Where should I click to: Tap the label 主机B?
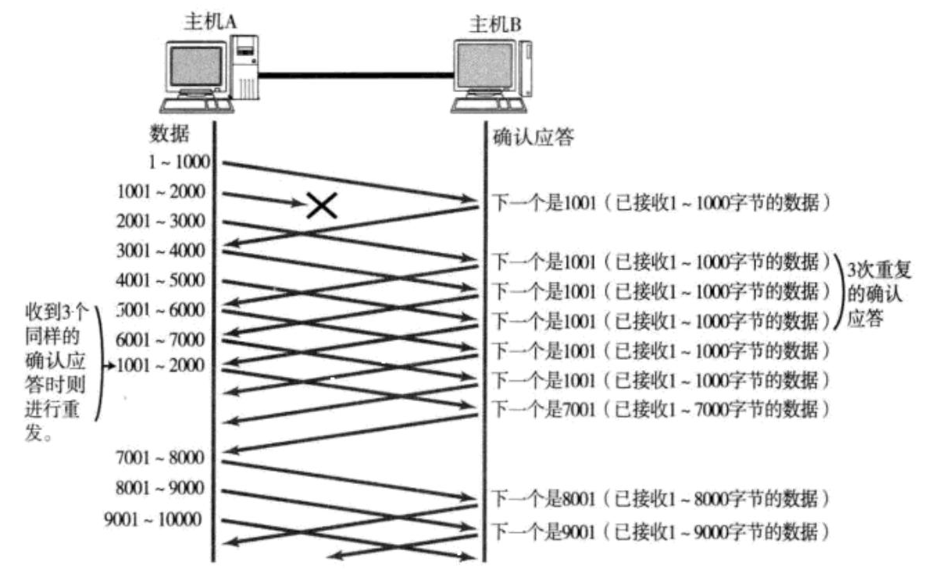click(x=494, y=23)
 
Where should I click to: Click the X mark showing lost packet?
click(x=321, y=205)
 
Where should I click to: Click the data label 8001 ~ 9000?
click(x=160, y=489)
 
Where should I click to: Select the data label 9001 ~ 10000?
click(x=153, y=518)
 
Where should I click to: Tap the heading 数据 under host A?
click(x=169, y=133)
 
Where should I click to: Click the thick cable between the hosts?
click(x=355, y=75)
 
